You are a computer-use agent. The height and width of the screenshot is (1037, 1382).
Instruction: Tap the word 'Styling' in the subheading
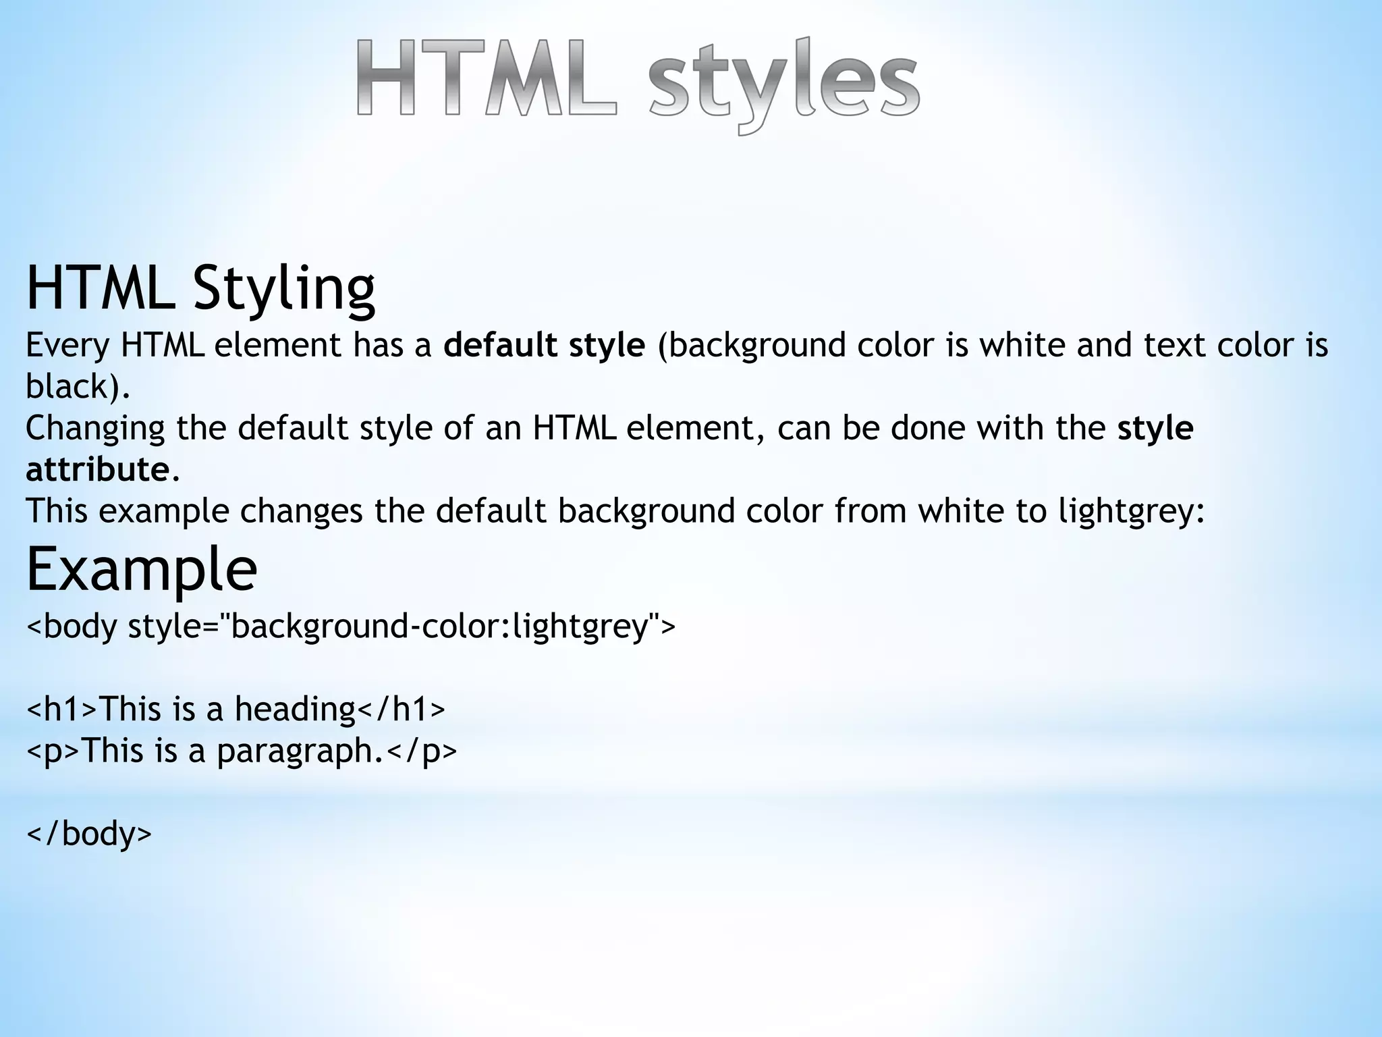coord(283,288)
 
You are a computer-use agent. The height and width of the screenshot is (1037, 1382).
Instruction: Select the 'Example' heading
coord(142,568)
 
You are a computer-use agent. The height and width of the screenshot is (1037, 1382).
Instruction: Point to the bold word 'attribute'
coord(97,469)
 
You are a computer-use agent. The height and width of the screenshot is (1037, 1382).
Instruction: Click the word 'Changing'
coord(95,428)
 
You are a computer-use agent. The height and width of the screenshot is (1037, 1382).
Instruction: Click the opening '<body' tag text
coord(72,626)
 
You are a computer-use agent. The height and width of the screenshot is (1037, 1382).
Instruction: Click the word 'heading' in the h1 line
coord(295,709)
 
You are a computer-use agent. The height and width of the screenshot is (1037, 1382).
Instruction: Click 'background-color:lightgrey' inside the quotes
coord(439,626)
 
